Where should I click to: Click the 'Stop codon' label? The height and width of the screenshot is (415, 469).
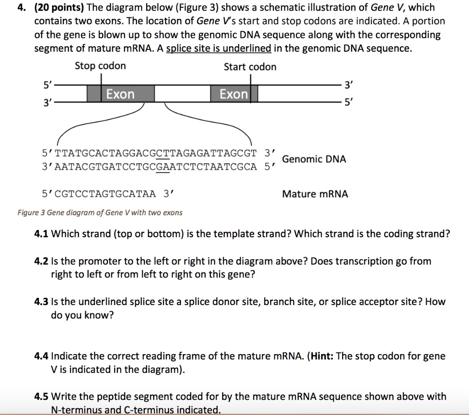100,66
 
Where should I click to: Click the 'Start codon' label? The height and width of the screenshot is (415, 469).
250,67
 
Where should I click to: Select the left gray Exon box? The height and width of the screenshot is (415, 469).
120,94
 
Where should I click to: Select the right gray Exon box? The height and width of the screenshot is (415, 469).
234,94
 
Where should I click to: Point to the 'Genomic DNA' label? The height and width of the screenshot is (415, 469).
314,159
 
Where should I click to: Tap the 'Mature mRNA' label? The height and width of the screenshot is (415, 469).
315,194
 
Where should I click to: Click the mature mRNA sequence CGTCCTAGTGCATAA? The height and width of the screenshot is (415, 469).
100,194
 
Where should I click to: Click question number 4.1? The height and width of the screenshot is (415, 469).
42,234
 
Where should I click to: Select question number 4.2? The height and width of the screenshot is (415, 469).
42,262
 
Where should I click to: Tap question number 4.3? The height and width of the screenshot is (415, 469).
42,302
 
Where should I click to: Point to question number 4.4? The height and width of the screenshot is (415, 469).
42,356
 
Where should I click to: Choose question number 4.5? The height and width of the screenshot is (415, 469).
42,397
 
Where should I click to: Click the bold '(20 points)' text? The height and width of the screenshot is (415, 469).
59,8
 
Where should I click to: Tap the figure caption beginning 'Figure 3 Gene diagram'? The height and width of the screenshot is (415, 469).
100,213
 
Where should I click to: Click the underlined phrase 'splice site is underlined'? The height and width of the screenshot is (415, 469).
218,48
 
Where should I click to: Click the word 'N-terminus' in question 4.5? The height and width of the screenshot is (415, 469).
74,410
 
